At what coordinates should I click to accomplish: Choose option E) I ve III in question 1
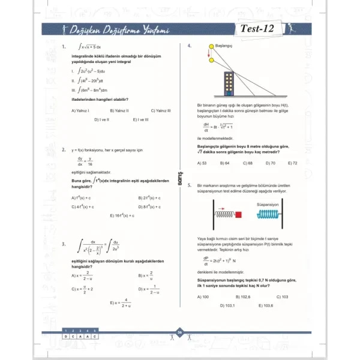[x=140, y=119]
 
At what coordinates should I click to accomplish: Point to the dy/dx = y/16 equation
[x=85, y=161]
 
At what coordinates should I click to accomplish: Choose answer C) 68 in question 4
[x=247, y=163]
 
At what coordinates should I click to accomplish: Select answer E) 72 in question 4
[x=293, y=163]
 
